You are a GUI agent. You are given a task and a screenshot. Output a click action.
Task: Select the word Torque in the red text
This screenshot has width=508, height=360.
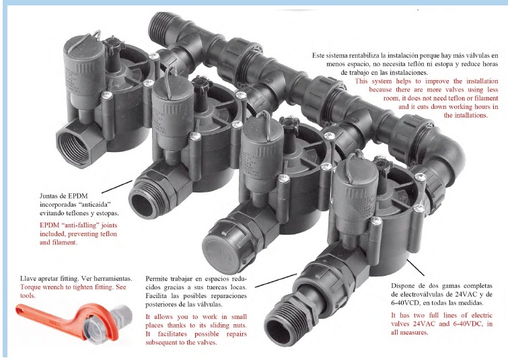[x=30, y=287]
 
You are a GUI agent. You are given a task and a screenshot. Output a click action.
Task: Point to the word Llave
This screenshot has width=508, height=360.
[x=27, y=279]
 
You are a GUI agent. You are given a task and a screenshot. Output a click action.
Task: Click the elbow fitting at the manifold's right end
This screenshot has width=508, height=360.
[x=445, y=152]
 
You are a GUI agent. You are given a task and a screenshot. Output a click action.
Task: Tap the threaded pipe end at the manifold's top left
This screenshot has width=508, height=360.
[x=162, y=26]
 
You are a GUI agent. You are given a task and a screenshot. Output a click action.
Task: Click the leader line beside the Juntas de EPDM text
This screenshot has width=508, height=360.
[x=116, y=186]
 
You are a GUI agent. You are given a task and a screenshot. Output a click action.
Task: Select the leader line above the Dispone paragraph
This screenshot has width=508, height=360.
[x=415, y=267]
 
